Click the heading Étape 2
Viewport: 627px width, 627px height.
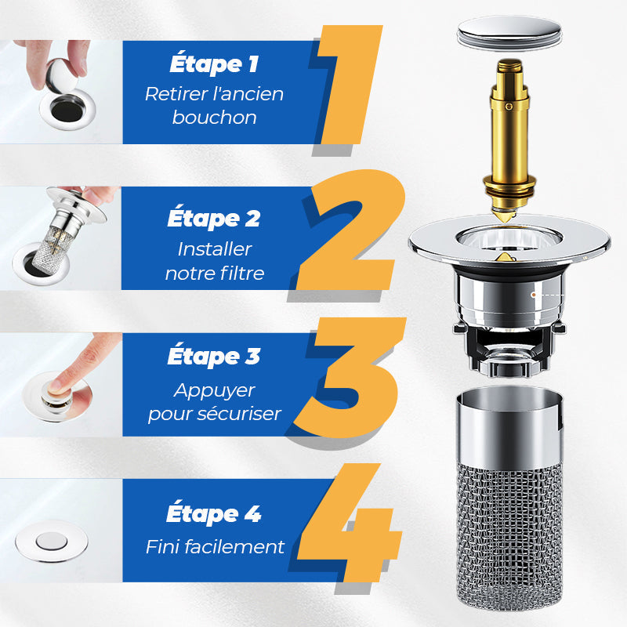(214, 219)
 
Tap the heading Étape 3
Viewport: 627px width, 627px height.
(214, 357)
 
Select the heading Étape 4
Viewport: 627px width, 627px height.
(214, 515)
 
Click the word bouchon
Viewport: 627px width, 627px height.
(214, 118)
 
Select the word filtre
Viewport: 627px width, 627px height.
(242, 274)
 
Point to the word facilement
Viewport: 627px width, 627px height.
(242, 546)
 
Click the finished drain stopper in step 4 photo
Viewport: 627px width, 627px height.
(52, 542)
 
